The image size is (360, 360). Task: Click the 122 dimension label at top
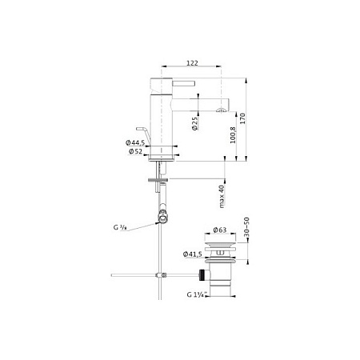click(192, 63)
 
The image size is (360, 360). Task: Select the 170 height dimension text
click(242, 118)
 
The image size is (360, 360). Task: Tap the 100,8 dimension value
click(233, 135)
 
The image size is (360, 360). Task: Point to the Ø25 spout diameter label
click(195, 123)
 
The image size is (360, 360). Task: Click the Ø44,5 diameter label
click(135, 142)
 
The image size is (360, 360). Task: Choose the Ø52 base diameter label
click(135, 151)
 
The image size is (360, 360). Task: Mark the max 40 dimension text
click(222, 196)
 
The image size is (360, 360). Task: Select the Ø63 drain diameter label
click(220, 230)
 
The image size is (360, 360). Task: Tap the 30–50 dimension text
click(246, 227)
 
